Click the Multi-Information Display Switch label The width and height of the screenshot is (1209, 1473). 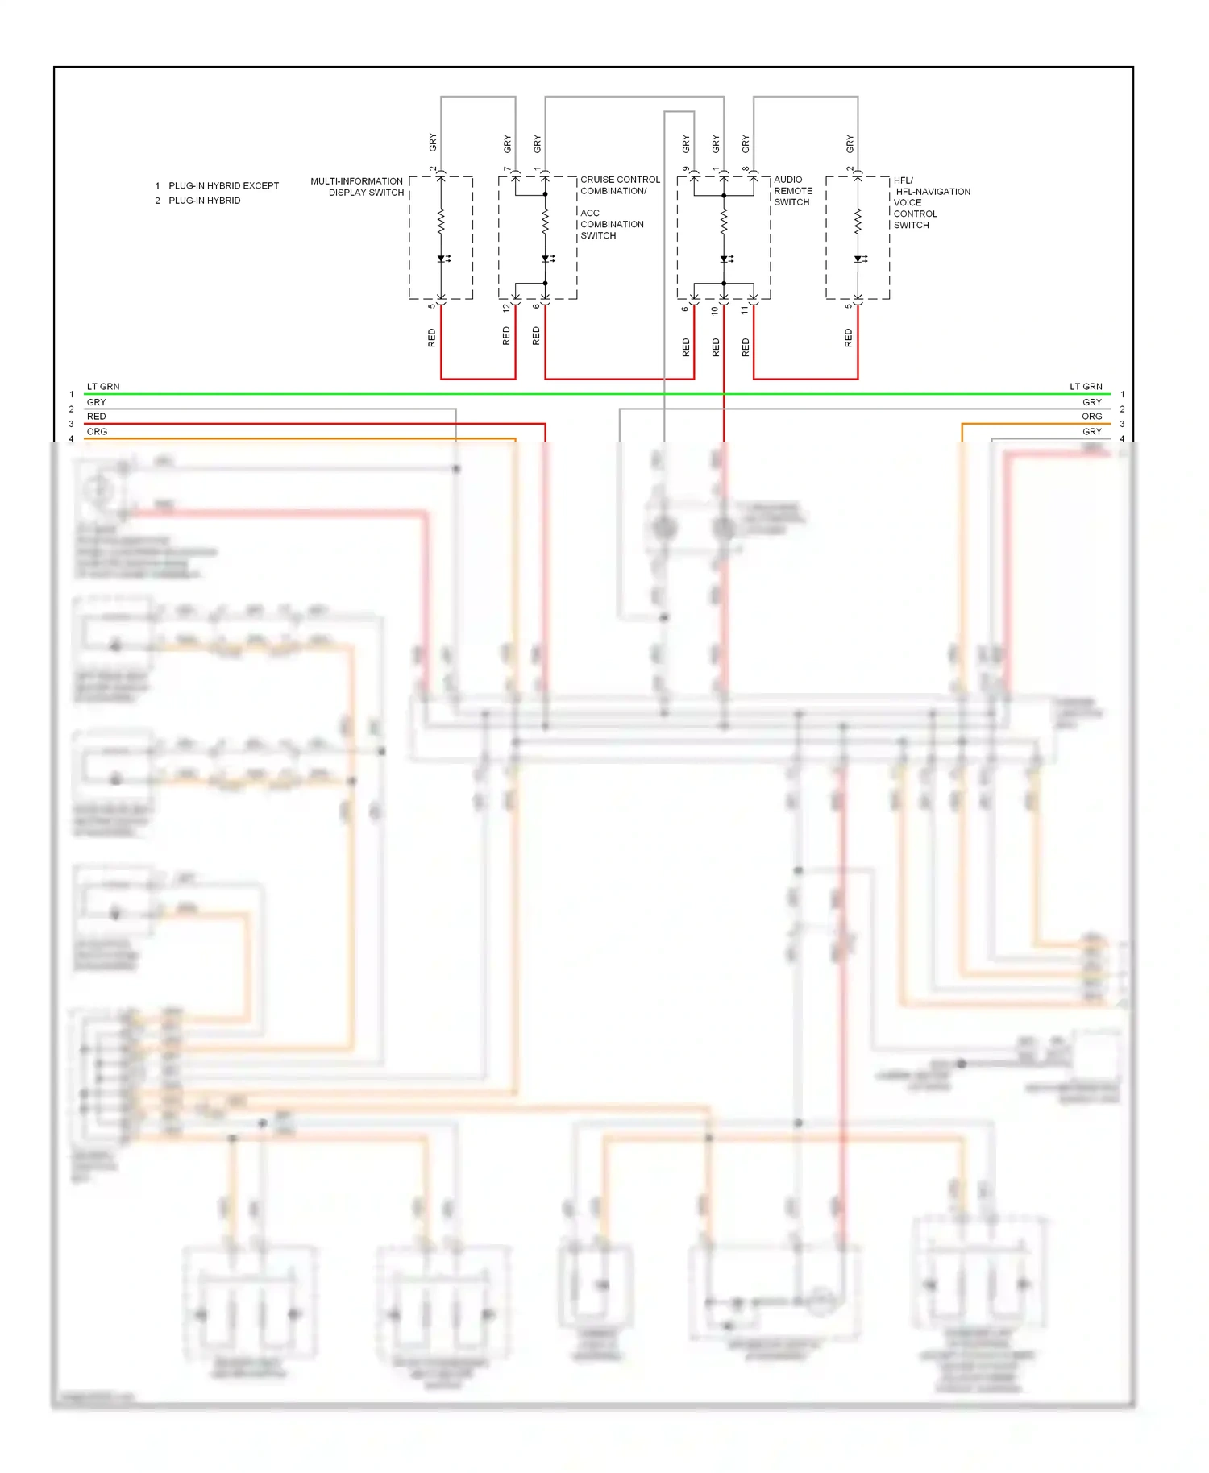pos(357,187)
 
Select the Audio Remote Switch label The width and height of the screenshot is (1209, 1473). pos(792,191)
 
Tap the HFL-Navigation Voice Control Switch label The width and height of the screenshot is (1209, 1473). pos(931,202)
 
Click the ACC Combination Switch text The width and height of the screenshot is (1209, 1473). pos(612,224)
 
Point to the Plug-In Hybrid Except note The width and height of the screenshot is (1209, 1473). pos(222,185)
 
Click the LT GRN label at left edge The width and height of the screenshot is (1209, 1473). pos(103,387)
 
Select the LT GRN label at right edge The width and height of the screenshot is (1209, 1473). pos(1085,387)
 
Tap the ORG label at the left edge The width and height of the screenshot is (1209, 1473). pos(97,432)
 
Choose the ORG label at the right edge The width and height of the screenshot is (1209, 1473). pos(1091,417)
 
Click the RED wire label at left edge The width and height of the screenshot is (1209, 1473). pos(96,417)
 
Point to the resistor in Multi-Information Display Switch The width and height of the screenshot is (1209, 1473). pos(441,221)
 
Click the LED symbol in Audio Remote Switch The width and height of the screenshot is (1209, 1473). pos(725,259)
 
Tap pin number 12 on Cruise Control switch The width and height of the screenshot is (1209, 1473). pos(506,308)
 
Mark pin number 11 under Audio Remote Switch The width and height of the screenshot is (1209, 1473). pos(745,309)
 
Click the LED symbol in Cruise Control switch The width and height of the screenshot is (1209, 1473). pos(546,259)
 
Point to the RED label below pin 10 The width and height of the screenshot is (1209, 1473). pos(716,347)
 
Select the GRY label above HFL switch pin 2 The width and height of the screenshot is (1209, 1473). pos(850,144)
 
